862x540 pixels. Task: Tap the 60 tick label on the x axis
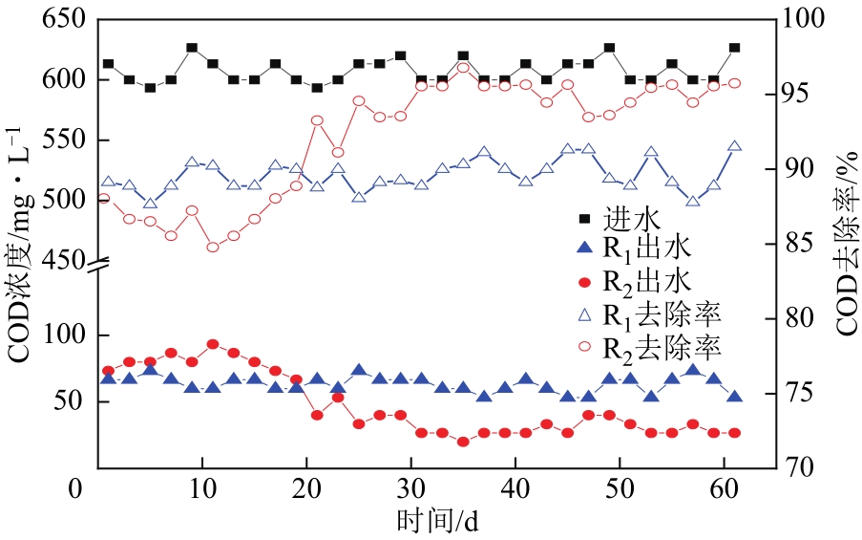coord(725,489)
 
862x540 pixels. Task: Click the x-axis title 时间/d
coord(436,522)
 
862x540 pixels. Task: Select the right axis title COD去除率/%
coord(846,244)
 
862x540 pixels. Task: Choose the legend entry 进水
coord(624,217)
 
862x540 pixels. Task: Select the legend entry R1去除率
coord(659,313)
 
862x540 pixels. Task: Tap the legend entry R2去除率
coord(659,346)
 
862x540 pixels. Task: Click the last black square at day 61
coord(735,47)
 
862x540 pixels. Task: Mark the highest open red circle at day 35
coord(463,67)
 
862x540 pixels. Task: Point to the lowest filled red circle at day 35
coord(463,442)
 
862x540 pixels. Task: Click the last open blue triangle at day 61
coord(735,146)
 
